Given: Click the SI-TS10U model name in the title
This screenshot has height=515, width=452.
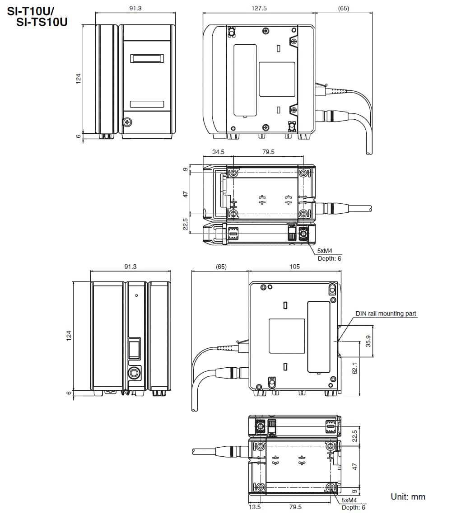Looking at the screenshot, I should coord(42,21).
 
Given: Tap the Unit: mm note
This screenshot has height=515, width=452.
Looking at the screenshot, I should coord(408,496).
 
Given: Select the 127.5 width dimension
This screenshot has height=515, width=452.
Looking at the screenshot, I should coord(259,8).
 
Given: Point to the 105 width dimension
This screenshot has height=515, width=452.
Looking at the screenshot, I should coord(294,267).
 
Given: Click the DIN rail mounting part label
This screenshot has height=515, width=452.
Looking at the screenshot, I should coord(386,314).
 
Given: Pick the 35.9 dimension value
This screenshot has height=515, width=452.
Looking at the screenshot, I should coord(368,341).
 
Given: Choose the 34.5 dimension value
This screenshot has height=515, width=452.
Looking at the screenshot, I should coord(218,152).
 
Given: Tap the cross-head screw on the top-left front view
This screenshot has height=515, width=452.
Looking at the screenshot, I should coord(128,122).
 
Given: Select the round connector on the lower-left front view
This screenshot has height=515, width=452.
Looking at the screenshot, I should coord(134,373).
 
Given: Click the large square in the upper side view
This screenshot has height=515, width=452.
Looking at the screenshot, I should coord(277,79).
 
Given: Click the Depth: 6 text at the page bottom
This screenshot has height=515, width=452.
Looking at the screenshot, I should coord(354,507).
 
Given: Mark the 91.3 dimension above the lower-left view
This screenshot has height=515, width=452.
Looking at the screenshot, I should coord(130,267).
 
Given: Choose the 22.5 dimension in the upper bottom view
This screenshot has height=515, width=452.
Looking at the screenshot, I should coord(185,225).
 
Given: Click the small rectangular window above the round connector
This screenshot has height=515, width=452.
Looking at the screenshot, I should coord(134,350).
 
